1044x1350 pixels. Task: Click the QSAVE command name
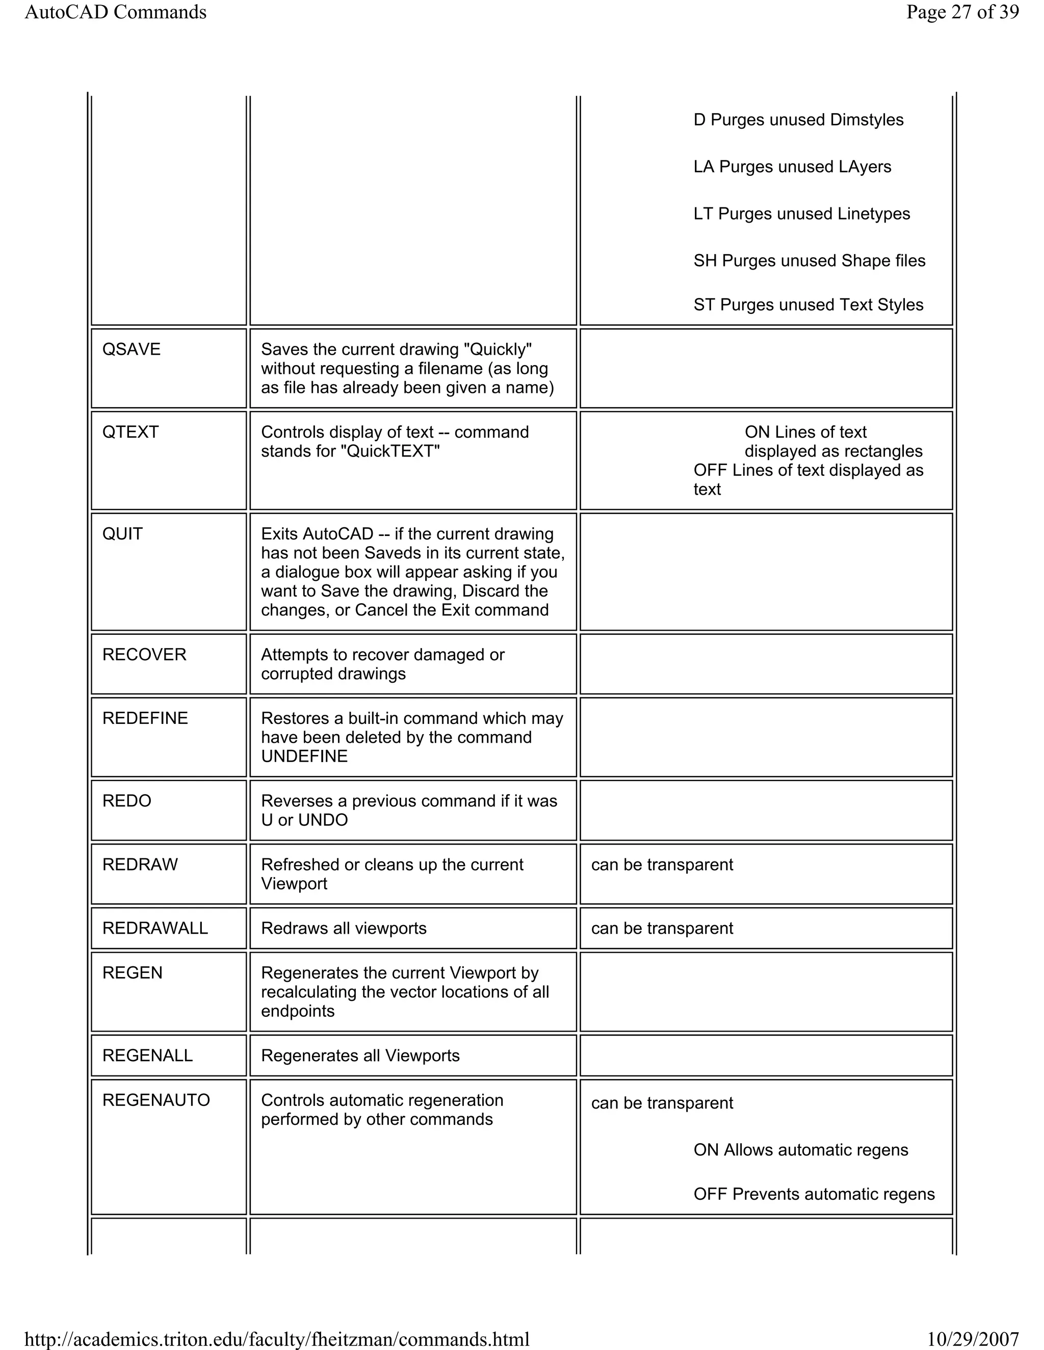[131, 349]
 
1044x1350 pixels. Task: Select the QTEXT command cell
[130, 432]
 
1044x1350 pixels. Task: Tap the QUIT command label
[122, 533]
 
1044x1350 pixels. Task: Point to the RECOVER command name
[144, 654]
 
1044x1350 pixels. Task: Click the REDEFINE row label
[145, 718]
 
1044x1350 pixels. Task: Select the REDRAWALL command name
[154, 928]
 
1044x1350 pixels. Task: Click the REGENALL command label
[147, 1055]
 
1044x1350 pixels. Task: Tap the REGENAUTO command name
[156, 1100]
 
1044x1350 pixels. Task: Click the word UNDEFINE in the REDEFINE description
[304, 756]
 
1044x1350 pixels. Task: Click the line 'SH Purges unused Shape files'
[809, 260]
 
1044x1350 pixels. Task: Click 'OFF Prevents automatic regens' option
[813, 1194]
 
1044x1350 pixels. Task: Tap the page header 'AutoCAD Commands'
[116, 12]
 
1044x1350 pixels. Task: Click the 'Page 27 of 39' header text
[962, 12]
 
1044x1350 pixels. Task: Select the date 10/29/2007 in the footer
[972, 1339]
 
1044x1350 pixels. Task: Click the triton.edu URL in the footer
[276, 1339]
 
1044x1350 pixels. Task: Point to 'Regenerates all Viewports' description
[360, 1055]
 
